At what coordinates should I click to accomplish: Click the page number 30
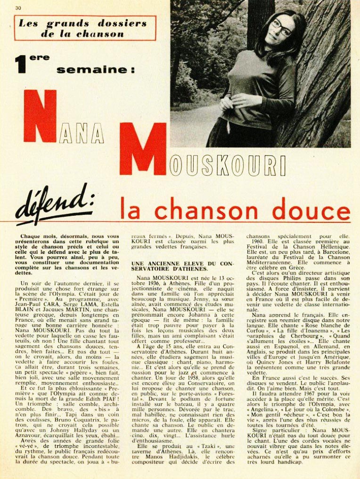tap(18, 8)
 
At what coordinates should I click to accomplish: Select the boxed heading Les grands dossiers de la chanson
tap(85, 28)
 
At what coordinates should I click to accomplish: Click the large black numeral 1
tap(20, 65)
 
